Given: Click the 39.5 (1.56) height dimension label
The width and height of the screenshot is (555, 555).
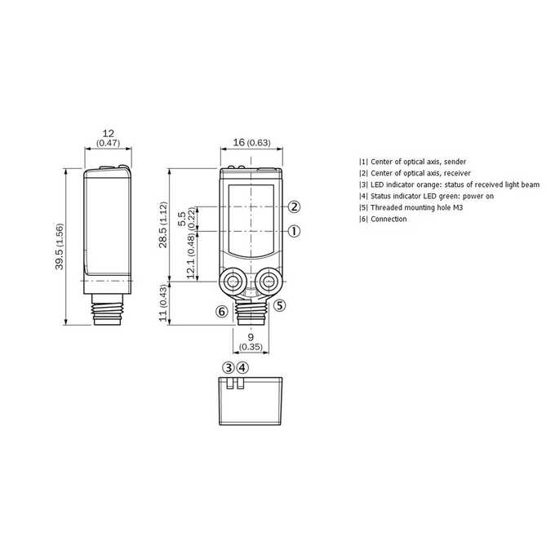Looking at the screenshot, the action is click(59, 246).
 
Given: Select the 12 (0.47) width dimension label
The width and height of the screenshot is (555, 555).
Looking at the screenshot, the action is click(109, 138).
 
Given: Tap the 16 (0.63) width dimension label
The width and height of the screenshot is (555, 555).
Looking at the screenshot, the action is click(251, 142).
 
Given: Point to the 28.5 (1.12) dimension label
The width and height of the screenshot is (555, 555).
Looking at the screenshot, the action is click(162, 224).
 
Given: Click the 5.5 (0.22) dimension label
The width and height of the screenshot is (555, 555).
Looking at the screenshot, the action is click(186, 219).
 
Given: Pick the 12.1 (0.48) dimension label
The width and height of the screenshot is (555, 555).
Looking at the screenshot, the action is click(191, 256).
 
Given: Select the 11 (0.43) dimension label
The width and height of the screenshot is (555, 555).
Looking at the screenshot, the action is click(162, 303).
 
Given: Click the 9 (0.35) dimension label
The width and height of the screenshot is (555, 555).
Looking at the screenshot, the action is click(251, 342).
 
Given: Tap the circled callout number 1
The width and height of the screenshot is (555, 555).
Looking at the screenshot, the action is click(294, 232).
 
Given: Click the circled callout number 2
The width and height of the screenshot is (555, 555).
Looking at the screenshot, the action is click(294, 206).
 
